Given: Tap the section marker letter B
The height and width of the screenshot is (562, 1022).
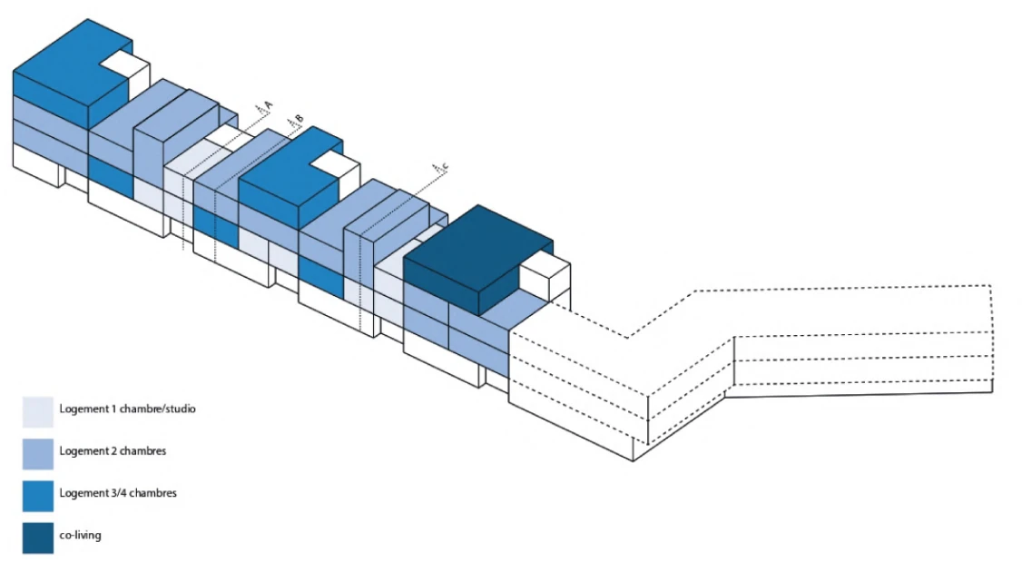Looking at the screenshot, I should [x=299, y=119].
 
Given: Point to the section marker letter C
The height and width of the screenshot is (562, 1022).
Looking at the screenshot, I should [x=446, y=165].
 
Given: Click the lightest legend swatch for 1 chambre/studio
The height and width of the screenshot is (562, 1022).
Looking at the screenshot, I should [x=37, y=410].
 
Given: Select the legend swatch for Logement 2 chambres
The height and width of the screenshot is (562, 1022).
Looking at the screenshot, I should [x=37, y=452].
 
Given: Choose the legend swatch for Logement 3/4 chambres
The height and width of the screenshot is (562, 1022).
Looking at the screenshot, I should [x=37, y=494].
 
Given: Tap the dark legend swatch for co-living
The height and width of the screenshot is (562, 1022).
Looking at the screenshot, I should [x=37, y=536].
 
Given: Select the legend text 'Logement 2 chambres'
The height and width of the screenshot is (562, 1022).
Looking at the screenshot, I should [x=112, y=451].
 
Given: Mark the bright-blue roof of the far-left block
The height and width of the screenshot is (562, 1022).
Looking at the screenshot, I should [x=64, y=64].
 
